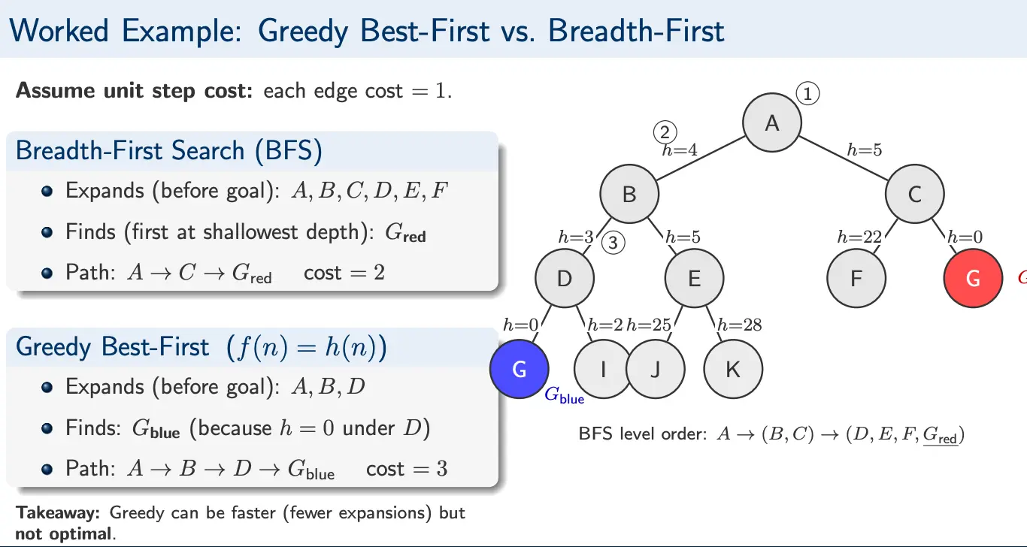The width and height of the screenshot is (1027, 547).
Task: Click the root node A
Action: pos(772,123)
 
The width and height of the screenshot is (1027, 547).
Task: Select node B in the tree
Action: pos(629,195)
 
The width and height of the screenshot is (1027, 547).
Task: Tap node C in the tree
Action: pos(914,195)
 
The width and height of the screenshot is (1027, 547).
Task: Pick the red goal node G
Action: pos(973,279)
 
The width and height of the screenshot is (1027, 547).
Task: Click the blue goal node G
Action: pos(519,368)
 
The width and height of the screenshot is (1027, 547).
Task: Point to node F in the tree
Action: pos(856,279)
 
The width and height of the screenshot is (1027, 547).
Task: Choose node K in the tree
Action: pos(733,368)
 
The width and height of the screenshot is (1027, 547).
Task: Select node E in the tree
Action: pos(694,279)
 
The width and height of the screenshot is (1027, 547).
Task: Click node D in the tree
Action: pos(565,279)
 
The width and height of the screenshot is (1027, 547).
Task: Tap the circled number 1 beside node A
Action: pos(807,94)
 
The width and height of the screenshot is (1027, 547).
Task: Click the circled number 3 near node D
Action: pos(614,243)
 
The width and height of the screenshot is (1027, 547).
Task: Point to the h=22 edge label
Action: pos(859,237)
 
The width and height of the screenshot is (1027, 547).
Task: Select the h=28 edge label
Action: pos(739,325)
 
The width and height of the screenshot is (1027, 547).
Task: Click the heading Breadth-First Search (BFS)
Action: pos(168,150)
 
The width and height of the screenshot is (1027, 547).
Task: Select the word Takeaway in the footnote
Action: pos(59,513)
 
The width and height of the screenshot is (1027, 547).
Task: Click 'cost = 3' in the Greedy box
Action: pos(406,469)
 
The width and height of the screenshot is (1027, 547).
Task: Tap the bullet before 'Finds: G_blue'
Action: pos(47,429)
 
